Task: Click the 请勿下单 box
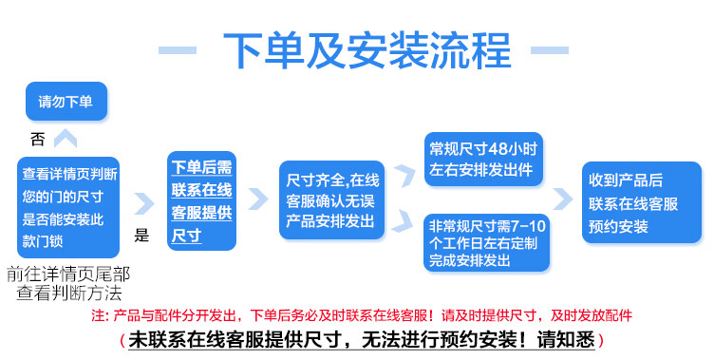[x=66, y=102]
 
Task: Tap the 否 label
[x=38, y=140]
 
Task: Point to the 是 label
[x=142, y=236]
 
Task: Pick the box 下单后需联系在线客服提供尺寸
[x=201, y=201]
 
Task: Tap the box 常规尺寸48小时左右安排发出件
[x=483, y=159]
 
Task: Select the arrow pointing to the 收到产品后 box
[x=562, y=199]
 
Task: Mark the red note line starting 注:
[x=361, y=315]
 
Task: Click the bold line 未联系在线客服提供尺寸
[x=360, y=339]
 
